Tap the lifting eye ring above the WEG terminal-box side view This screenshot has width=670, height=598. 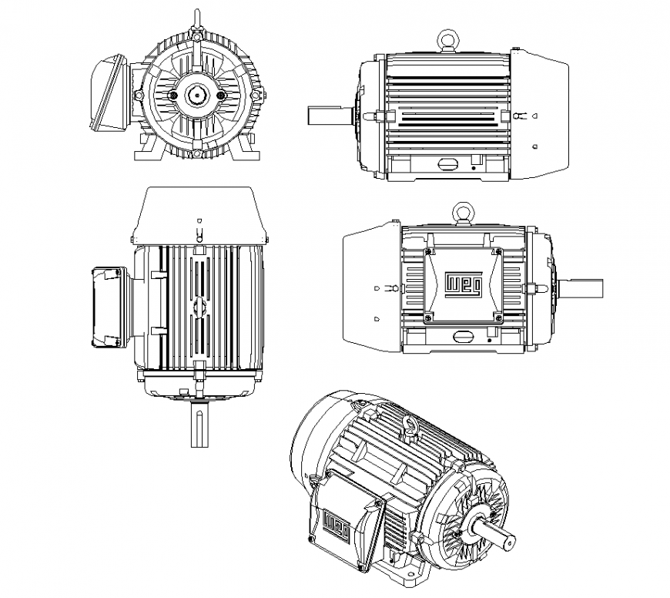pos(463,210)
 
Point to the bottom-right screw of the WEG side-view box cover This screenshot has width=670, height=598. pos(498,317)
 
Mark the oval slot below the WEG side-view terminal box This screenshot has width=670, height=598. pos(464,336)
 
